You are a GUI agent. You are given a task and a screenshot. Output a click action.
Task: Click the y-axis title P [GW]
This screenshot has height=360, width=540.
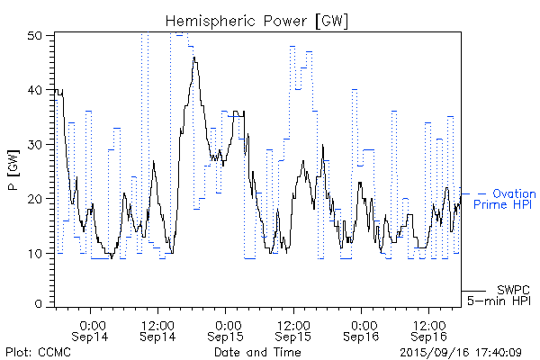tap(13, 170)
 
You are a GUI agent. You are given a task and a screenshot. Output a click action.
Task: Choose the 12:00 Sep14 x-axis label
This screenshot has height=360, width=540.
tap(157, 329)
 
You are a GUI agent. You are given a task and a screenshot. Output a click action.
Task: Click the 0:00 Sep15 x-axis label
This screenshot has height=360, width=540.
tap(228, 329)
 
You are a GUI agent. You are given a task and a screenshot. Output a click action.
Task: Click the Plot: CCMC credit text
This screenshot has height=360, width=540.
tap(38, 352)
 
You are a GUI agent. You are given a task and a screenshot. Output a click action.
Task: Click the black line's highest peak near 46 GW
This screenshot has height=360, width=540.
tap(193, 58)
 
